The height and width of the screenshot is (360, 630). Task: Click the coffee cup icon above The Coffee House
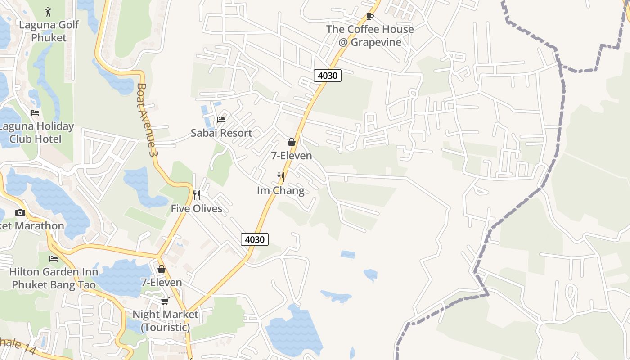click(x=369, y=17)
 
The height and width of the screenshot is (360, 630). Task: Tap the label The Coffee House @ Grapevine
click(x=370, y=36)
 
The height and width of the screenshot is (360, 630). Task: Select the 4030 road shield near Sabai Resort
click(x=327, y=76)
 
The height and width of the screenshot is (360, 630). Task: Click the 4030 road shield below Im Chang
click(x=255, y=239)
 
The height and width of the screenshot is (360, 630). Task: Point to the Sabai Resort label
click(x=221, y=133)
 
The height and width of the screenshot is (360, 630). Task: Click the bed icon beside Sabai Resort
click(x=221, y=120)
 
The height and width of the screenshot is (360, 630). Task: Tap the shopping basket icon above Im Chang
click(x=292, y=142)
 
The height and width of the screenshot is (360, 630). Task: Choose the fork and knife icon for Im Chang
click(x=281, y=177)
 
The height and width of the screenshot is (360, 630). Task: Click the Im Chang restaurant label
click(x=280, y=190)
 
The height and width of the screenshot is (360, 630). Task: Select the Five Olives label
click(x=196, y=208)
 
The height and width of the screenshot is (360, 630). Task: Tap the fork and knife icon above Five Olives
click(x=196, y=195)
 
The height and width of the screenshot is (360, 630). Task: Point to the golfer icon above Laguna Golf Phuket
click(x=49, y=11)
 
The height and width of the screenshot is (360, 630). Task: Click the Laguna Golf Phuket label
click(x=49, y=31)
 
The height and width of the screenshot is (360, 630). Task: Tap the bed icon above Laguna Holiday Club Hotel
click(x=35, y=113)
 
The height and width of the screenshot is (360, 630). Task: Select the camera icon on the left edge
click(x=20, y=212)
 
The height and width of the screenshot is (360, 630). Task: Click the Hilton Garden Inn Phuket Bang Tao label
click(x=54, y=278)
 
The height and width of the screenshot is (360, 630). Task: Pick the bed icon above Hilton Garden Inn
click(x=54, y=259)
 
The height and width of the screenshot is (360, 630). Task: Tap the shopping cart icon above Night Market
click(x=165, y=301)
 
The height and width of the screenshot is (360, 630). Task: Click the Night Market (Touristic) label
click(x=165, y=320)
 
